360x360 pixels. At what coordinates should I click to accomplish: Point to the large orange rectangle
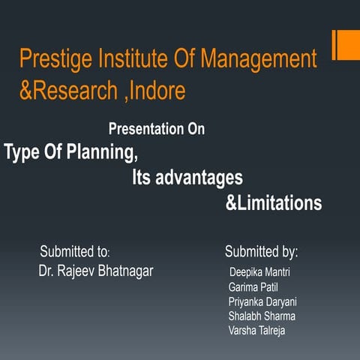point(346,44)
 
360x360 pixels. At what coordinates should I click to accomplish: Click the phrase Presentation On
point(156,129)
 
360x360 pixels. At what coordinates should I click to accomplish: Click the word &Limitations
point(274,203)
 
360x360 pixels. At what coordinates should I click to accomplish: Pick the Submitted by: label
point(261,251)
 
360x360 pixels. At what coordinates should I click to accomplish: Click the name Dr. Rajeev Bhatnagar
point(95,271)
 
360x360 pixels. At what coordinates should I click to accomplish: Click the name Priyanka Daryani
point(262,301)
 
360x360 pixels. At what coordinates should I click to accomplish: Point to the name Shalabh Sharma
point(262,316)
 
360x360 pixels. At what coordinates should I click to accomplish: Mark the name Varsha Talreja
point(256,331)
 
